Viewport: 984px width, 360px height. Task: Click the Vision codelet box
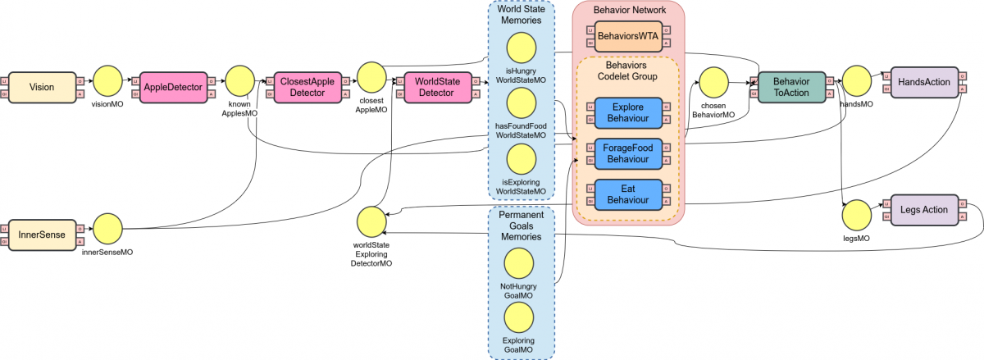point(42,86)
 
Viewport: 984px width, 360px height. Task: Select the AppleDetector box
point(173,86)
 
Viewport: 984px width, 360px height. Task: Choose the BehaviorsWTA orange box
point(628,36)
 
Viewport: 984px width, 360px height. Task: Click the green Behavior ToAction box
point(790,87)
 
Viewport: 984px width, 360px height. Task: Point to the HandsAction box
point(924,82)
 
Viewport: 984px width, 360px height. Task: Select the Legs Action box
point(923,210)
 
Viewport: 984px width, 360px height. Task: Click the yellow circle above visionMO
point(107,82)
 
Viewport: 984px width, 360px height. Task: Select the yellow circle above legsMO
point(856,215)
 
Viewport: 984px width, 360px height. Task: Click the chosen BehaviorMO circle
point(713,83)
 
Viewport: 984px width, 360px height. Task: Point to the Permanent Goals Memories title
point(521,226)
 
